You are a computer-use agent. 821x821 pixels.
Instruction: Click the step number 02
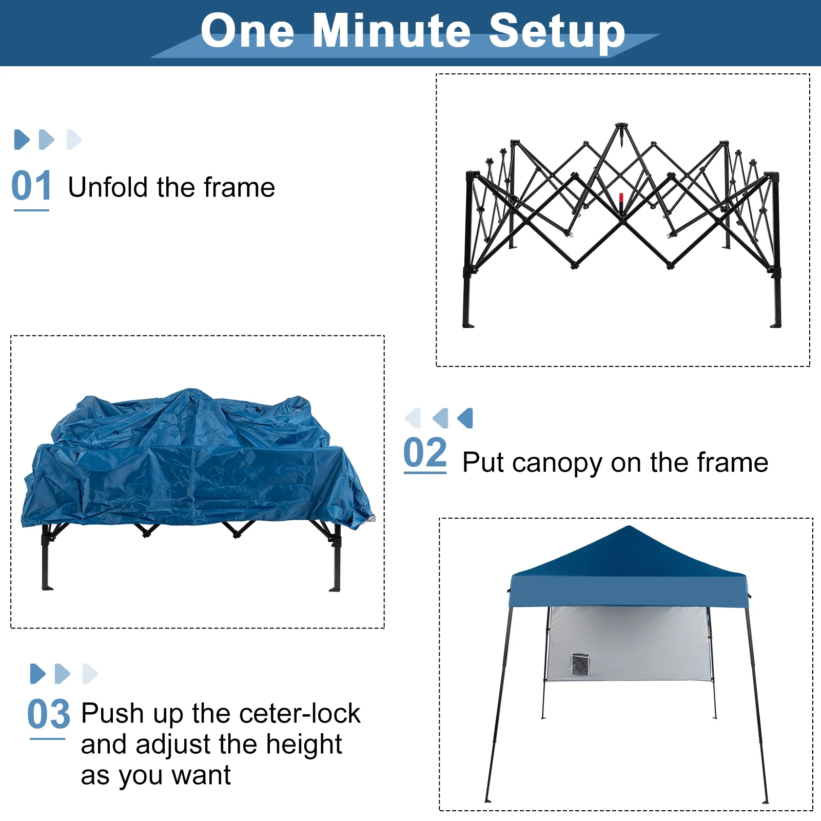(425, 453)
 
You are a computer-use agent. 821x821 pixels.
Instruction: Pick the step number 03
(48, 714)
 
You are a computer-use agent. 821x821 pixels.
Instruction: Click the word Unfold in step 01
(108, 187)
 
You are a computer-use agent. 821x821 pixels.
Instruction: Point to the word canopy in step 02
(557, 463)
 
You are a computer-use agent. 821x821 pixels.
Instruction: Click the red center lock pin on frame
(621, 198)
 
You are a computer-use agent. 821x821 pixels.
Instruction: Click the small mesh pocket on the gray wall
(580, 664)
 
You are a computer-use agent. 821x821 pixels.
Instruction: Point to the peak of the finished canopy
(628, 527)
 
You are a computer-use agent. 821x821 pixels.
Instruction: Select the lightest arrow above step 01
(74, 140)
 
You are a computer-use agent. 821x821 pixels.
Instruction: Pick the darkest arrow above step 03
(37, 674)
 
